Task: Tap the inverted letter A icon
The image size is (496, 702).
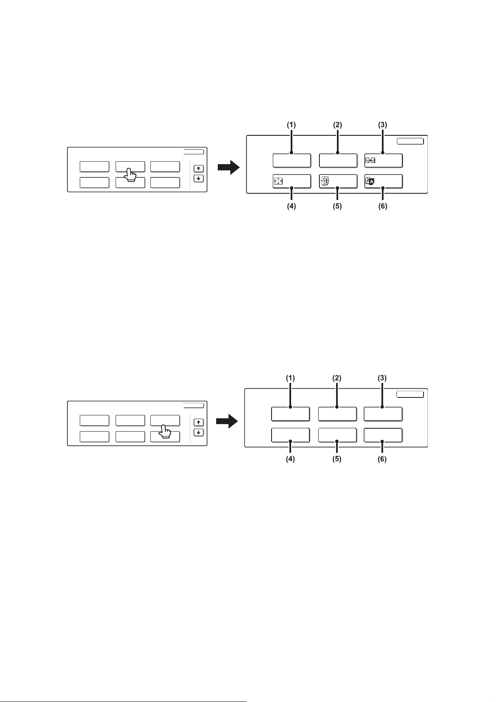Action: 370,181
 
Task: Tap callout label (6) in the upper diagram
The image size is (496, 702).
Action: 382,206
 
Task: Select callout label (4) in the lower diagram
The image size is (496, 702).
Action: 290,460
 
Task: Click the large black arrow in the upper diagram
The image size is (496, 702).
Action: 229,168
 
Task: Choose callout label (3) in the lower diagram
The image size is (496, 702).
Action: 382,378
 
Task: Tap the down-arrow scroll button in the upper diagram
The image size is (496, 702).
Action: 199,178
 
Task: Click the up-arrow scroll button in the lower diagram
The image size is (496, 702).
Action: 199,423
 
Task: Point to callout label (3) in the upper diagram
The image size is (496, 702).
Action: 382,125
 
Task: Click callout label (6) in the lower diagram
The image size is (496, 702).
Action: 382,460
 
